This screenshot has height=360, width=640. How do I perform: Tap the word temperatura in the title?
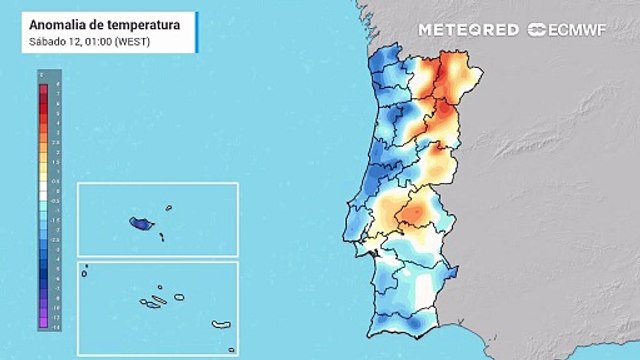[x=145, y=24]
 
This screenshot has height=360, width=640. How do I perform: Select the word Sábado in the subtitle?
[x=48, y=40]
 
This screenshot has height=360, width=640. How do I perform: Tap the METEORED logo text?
[x=468, y=30]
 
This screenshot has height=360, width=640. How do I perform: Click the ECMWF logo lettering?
[x=579, y=30]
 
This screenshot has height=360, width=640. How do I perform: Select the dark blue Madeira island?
[x=139, y=224]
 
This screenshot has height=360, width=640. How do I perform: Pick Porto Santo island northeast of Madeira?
[x=169, y=208]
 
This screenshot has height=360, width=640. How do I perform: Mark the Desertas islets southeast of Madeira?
[x=160, y=236]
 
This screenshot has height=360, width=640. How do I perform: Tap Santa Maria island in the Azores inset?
[x=232, y=350]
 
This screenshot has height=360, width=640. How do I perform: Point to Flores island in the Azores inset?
[x=86, y=266]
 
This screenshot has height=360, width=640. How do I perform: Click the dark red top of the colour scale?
[x=43, y=90]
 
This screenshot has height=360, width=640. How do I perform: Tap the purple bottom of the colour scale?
[x=43, y=323]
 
